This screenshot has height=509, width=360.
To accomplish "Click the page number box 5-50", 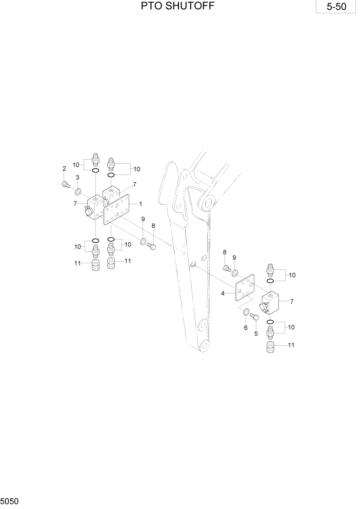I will point(336,8).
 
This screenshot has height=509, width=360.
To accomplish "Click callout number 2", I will point(64,169).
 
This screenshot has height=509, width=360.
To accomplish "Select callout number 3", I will point(77,178).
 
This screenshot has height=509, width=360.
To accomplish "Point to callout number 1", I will point(140,204).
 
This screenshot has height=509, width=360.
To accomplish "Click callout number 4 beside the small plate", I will point(223,293).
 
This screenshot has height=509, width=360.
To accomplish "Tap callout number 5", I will point(256,333).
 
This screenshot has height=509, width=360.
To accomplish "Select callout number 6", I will point(245,328).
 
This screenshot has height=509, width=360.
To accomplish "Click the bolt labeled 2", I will point(66,185).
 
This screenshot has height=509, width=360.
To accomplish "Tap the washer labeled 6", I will point(246,312).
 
